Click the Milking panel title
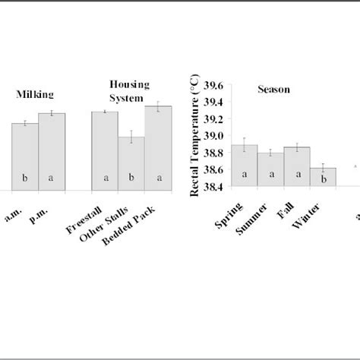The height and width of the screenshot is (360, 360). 35,94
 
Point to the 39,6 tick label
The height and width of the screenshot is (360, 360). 213,84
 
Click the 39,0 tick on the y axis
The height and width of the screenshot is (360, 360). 213,136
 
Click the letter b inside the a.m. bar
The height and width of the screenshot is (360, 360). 25,178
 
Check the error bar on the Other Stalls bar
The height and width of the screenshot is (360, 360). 131,137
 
